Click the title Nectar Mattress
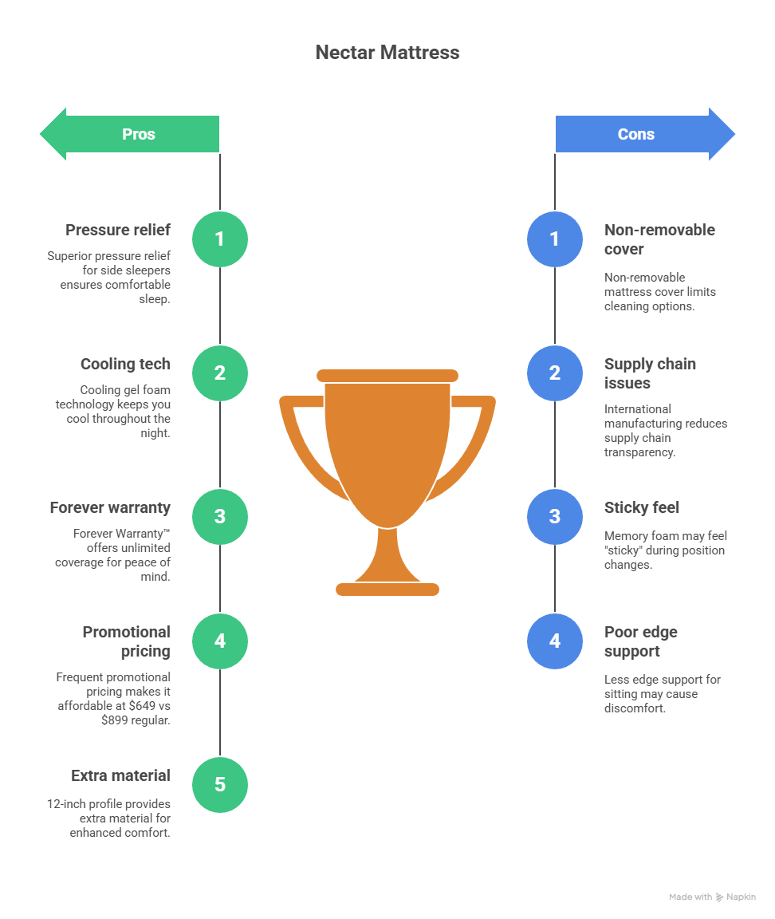(x=387, y=53)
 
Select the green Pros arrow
(x=130, y=134)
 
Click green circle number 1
(x=220, y=239)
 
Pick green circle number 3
(x=220, y=516)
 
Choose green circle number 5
(x=220, y=784)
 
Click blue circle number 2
(x=555, y=373)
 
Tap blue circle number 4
(x=555, y=641)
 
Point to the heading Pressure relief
(x=118, y=231)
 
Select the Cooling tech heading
(x=125, y=365)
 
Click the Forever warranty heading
(x=110, y=508)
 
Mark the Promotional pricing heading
(x=127, y=641)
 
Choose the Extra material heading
(x=120, y=776)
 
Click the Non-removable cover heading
(x=659, y=239)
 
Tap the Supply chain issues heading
(x=650, y=373)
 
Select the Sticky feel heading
(x=642, y=508)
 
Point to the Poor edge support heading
(x=641, y=641)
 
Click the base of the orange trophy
(x=387, y=590)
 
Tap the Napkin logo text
(x=742, y=897)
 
